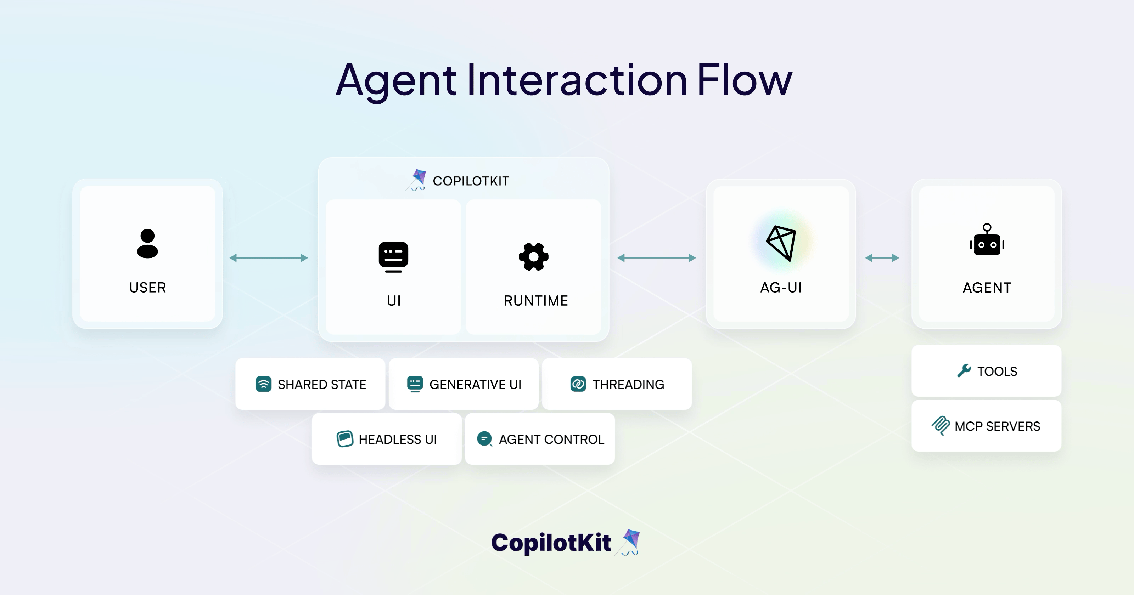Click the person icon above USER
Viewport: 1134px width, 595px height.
[147, 243]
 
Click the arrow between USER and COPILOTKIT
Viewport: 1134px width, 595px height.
[269, 258]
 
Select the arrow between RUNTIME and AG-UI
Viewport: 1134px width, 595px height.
[656, 258]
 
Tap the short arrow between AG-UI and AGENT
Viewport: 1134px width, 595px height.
[882, 258]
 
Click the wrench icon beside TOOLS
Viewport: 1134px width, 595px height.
[964, 371]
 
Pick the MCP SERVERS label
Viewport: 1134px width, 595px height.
[997, 426]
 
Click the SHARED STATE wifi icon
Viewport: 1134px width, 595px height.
[263, 384]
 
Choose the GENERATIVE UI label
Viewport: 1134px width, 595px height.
[475, 384]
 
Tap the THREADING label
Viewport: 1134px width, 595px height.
[628, 384]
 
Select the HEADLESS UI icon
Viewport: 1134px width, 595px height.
[345, 439]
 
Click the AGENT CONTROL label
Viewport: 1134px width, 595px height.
[551, 439]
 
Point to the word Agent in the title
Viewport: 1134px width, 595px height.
[396, 80]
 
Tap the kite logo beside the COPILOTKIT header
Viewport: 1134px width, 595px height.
[417, 180]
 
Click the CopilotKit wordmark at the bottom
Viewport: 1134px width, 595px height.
[551, 542]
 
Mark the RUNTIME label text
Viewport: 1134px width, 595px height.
[536, 301]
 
